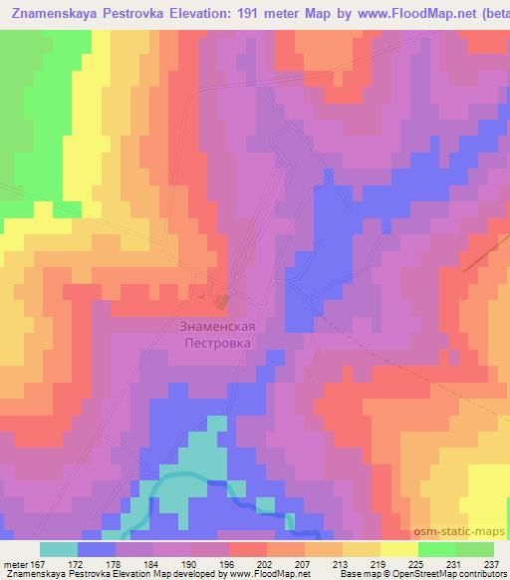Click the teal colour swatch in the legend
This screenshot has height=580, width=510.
pyautogui.click(x=59, y=549)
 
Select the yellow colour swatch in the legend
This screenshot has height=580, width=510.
pyautogui.click(x=398, y=549)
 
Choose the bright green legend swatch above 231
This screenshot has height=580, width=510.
pyautogui.click(x=436, y=549)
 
